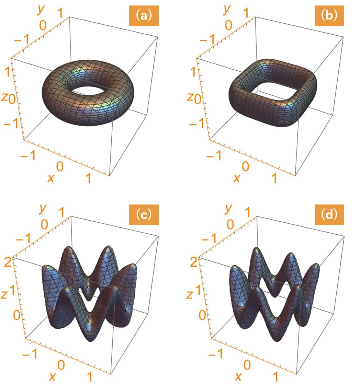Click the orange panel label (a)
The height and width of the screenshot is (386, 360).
click(x=144, y=15)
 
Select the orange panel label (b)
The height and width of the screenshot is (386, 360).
click(x=329, y=15)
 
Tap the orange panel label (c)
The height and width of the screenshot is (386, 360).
click(x=144, y=215)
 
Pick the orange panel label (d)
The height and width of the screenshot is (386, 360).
click(x=329, y=215)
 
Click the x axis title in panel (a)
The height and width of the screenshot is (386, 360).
click(x=50, y=177)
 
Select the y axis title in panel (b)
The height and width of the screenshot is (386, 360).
click(x=227, y=9)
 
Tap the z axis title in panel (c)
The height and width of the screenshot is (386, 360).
click(x=4, y=294)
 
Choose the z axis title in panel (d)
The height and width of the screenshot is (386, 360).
click(x=189, y=294)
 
